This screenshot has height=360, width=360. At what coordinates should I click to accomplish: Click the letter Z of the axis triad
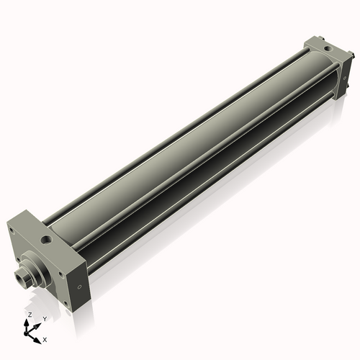pyautogui.click(x=28, y=315)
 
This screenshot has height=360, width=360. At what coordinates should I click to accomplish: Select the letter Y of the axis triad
pyautogui.click(x=44, y=318)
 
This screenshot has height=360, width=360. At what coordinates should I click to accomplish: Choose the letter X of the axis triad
pyautogui.click(x=45, y=338)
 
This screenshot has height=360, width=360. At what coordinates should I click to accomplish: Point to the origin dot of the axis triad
pyautogui.click(x=29, y=332)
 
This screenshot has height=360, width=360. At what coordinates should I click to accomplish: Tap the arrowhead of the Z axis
pyautogui.click(x=29, y=323)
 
